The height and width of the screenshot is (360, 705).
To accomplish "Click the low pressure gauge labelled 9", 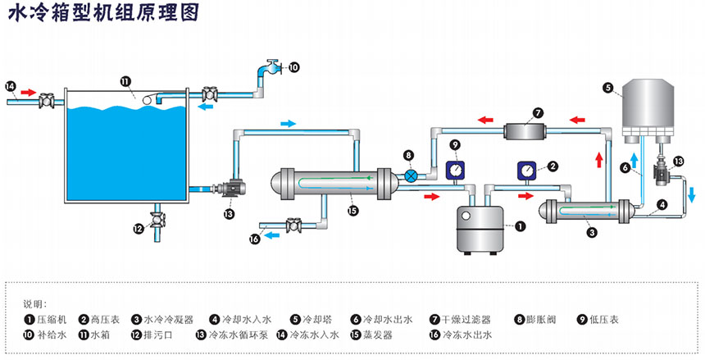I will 454,170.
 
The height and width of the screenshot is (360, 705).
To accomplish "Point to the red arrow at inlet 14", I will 27,93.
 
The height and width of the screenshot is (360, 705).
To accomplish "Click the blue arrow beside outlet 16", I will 271,235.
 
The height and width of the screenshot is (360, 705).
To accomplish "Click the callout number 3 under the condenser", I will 590,232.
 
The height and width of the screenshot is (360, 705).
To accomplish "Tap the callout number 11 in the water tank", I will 125,81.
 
